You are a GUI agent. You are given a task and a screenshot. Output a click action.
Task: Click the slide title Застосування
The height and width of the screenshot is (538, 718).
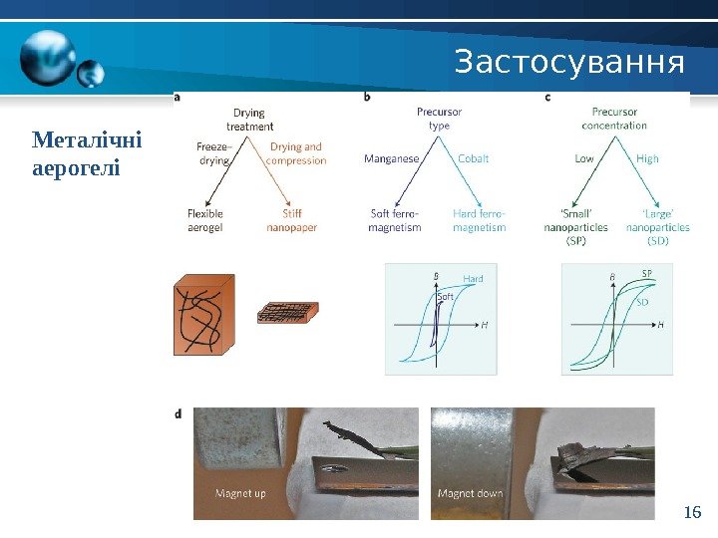pyautogui.click(x=569, y=63)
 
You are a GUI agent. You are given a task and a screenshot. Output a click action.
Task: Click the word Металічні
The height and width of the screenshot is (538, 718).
pyautogui.click(x=87, y=138)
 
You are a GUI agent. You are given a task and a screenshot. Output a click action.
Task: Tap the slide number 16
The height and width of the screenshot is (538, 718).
pyautogui.click(x=693, y=513)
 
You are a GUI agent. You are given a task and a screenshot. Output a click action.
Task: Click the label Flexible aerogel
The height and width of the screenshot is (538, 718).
pyautogui.click(x=205, y=220)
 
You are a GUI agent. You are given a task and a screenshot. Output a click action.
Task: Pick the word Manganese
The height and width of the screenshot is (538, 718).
pyautogui.click(x=392, y=158)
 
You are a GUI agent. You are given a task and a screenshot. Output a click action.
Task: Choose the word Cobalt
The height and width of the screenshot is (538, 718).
pyautogui.click(x=473, y=158)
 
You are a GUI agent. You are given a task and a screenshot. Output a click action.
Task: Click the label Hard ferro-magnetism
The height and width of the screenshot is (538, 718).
pyautogui.click(x=479, y=220)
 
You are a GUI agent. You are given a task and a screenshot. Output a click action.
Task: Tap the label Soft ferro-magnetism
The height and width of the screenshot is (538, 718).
pyautogui.click(x=395, y=220)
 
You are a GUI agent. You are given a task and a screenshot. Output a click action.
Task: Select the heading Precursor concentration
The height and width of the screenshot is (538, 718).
pyautogui.click(x=614, y=119)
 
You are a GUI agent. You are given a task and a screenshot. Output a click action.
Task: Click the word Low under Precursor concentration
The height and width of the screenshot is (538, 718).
pyautogui.click(x=584, y=158)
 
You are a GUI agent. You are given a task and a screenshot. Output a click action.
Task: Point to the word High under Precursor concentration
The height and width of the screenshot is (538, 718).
pyautogui.click(x=647, y=158)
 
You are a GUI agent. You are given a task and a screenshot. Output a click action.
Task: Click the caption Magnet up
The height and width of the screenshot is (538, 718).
pyautogui.click(x=241, y=493)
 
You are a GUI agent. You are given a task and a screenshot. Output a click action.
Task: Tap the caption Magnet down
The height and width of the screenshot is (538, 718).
pyautogui.click(x=469, y=493)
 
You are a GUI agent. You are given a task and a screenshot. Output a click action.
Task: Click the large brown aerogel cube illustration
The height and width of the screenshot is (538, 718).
pyautogui.click(x=203, y=315)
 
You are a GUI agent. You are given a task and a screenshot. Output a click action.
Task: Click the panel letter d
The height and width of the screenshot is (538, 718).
pyautogui.click(x=178, y=412)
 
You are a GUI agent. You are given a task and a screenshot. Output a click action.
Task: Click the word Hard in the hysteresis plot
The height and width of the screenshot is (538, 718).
pyautogui.click(x=473, y=278)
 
